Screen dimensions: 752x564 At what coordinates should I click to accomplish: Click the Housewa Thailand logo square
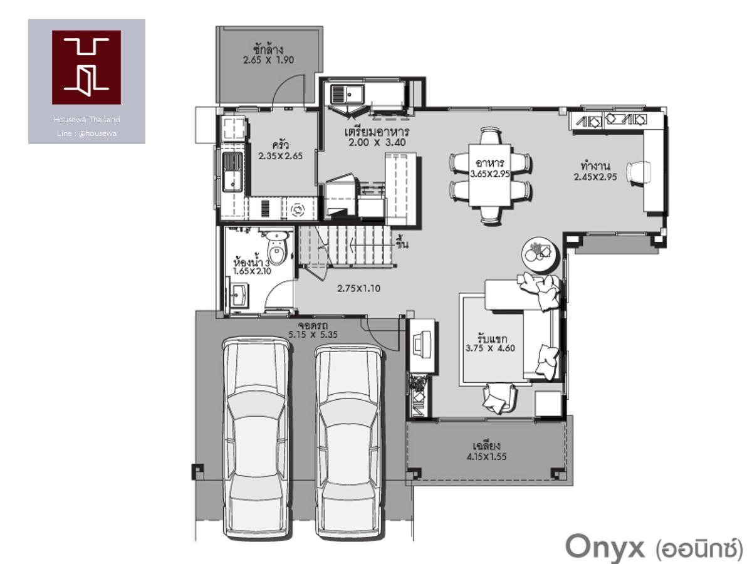point(86,67)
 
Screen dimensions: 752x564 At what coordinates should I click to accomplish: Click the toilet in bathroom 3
point(276,248)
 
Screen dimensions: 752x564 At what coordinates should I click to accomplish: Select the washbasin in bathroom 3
point(239,295)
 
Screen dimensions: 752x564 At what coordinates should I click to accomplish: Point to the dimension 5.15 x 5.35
point(313,335)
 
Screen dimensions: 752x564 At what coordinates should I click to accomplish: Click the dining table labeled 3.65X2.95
point(490,175)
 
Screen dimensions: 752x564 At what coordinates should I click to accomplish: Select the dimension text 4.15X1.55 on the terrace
point(486,456)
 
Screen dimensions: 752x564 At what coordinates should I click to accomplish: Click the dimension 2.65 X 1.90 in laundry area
point(269,60)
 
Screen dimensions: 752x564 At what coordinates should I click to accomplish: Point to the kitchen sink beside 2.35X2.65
point(232,172)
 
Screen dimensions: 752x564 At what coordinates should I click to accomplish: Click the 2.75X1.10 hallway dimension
point(358,288)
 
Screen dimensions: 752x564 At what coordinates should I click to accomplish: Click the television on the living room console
point(422,342)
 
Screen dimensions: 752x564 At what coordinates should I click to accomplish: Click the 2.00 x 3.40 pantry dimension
point(377,142)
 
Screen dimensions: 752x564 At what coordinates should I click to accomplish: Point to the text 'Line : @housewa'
point(86,133)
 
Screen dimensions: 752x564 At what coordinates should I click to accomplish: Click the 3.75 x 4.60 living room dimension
point(490,348)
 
